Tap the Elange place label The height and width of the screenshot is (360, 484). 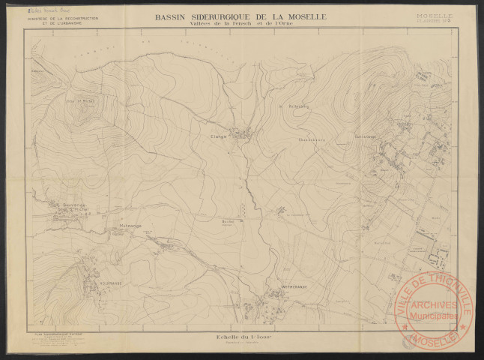click(218, 136)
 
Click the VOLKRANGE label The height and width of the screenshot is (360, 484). click(91, 284)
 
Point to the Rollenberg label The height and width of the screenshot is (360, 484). click(299, 107)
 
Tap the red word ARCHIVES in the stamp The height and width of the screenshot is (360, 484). click(435, 304)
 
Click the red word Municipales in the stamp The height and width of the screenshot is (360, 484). click(435, 315)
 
